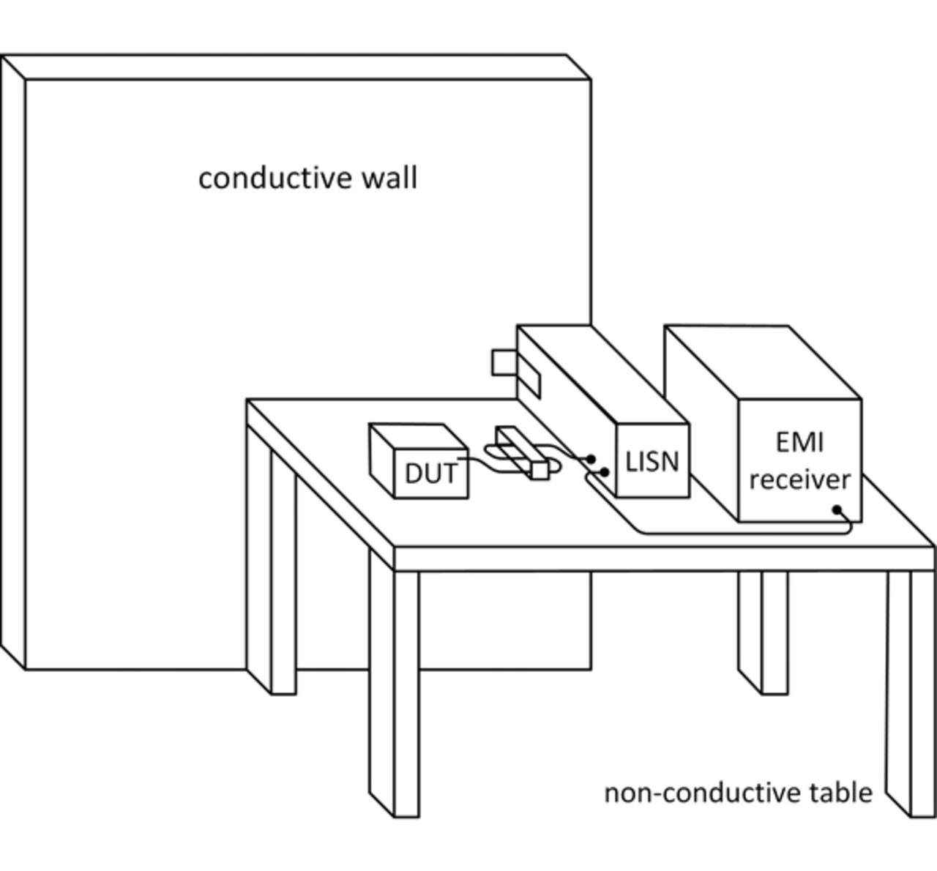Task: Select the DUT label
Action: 431,474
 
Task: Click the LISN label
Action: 652,461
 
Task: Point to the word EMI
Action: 799,442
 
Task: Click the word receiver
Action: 800,479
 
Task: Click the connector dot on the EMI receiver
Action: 837,509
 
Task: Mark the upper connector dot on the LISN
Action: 591,459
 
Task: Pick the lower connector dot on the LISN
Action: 605,471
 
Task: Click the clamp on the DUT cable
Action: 522,453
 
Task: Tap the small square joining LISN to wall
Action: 504,362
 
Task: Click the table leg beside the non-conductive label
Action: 911,694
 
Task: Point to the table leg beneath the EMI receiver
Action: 764,632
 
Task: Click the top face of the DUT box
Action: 419,436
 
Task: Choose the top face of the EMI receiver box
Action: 763,362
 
